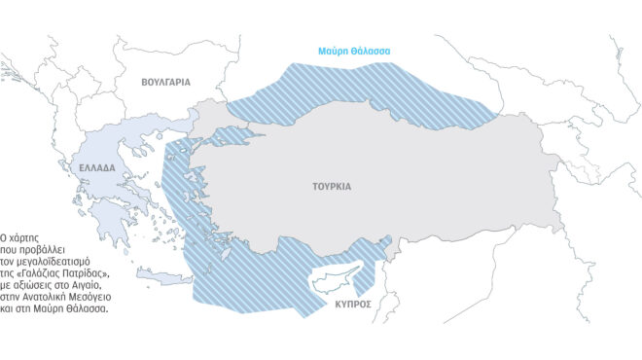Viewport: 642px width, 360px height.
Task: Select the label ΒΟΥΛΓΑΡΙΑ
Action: (165, 83)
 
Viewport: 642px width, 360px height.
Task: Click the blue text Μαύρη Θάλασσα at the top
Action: (354, 52)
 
